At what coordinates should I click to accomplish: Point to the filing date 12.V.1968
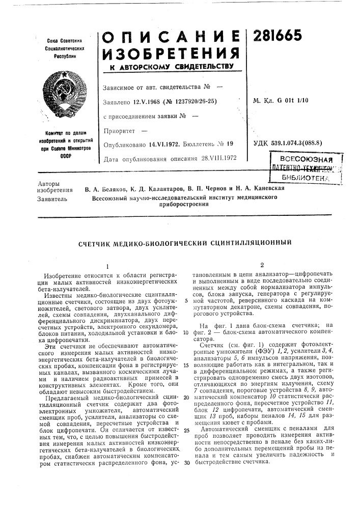tap(144, 101)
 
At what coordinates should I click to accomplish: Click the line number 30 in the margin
tap(186, 462)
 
